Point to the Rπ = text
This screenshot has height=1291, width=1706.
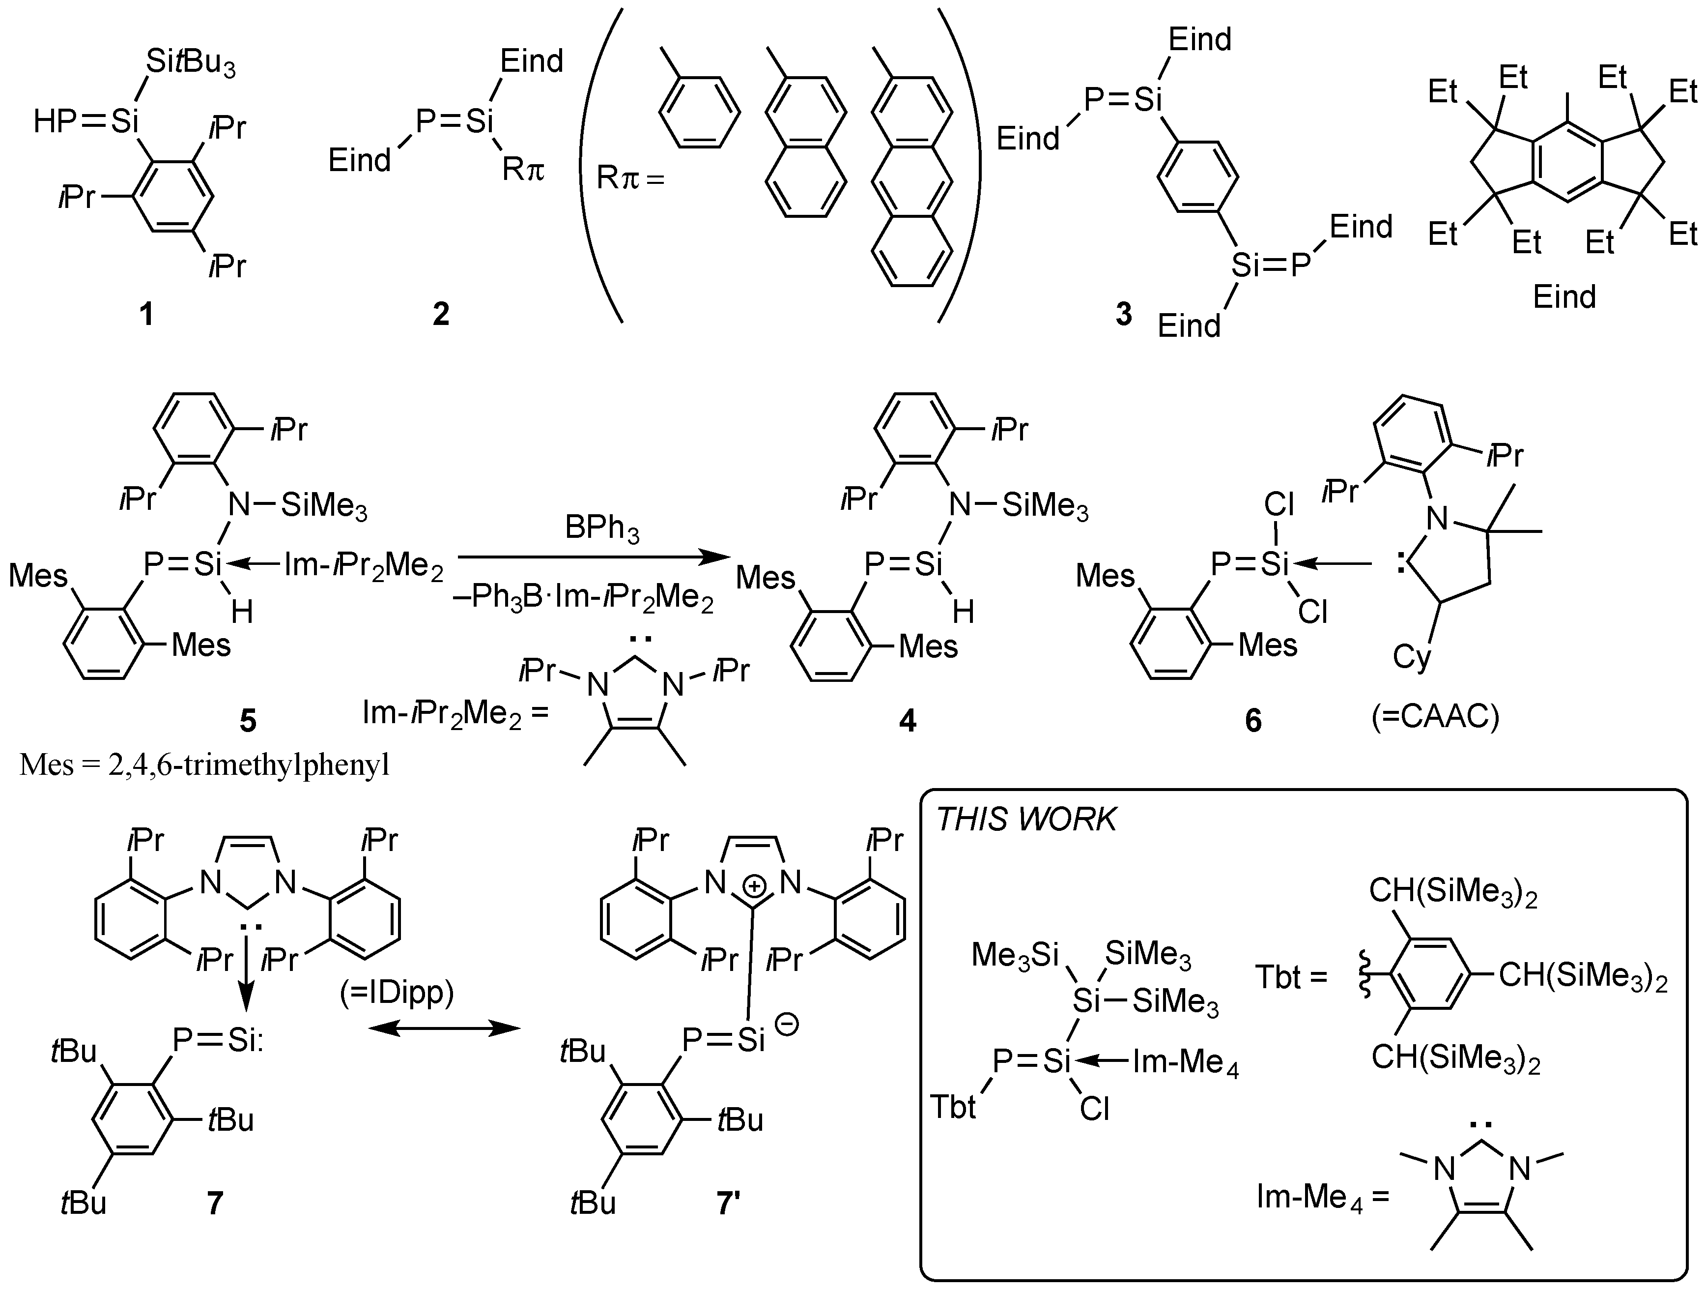[630, 179]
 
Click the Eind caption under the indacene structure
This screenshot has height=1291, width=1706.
[1564, 297]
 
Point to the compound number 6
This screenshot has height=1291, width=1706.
[1253, 720]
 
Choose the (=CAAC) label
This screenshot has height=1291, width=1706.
[1434, 717]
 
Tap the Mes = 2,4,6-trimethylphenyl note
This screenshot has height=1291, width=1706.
[204, 765]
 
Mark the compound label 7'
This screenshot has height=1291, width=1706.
[729, 1202]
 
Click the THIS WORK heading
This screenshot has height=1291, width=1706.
[1026, 820]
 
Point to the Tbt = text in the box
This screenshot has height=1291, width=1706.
[1291, 977]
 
